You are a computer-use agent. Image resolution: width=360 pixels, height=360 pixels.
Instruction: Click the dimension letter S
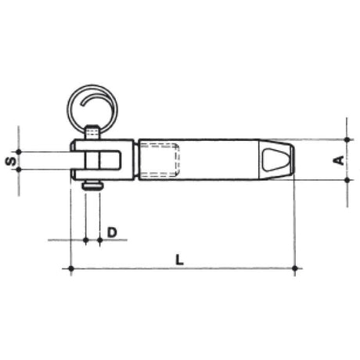[11, 160]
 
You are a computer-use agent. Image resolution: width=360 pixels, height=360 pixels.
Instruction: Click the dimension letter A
[339, 160]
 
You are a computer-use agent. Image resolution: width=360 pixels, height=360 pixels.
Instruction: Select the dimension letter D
[112, 232]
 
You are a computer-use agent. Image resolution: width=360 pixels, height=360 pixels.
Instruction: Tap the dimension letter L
[179, 260]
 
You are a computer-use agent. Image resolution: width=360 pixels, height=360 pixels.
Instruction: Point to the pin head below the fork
[92, 186]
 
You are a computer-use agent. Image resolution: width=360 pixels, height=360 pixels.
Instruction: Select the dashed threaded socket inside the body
[159, 159]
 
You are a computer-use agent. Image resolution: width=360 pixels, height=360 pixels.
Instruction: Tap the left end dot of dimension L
[70, 268]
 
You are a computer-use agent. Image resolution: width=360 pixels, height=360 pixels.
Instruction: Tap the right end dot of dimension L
[295, 268]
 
